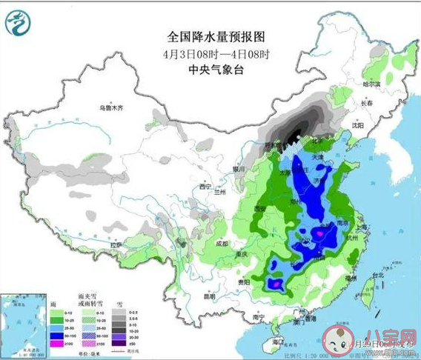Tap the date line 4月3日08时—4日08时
216,53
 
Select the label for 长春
366,103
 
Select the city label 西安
259,210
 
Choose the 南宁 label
259,316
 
